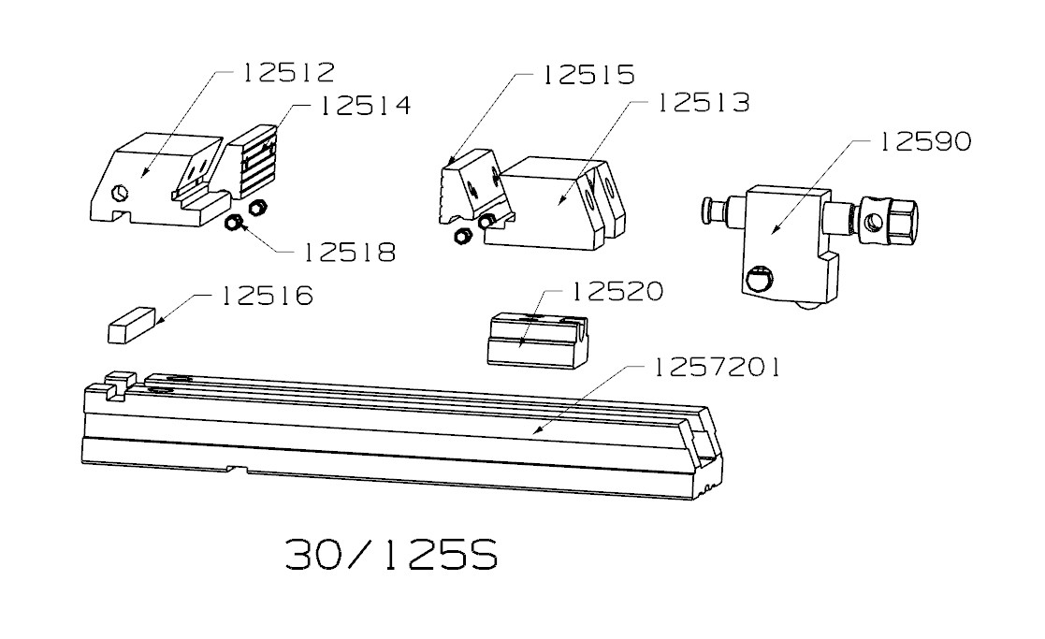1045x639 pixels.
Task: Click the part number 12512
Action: [288, 73]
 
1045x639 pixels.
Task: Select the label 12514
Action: [365, 106]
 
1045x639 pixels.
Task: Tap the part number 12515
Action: [589, 75]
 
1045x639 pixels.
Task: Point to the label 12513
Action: [704, 103]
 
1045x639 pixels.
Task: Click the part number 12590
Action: [925, 141]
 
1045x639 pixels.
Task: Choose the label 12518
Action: [350, 253]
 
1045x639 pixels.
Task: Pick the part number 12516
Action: [267, 296]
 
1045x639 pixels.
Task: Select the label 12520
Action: [617, 291]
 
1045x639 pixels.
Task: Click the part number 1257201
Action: [716, 367]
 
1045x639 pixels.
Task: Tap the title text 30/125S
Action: [392, 555]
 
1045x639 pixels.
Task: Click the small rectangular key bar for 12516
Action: [131, 326]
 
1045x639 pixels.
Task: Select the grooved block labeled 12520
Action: [538, 341]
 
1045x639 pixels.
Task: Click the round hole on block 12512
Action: [120, 193]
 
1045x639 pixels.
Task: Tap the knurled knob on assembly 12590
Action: [890, 221]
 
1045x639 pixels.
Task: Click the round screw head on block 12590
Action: [759, 279]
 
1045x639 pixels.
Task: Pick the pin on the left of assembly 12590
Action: [715, 210]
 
